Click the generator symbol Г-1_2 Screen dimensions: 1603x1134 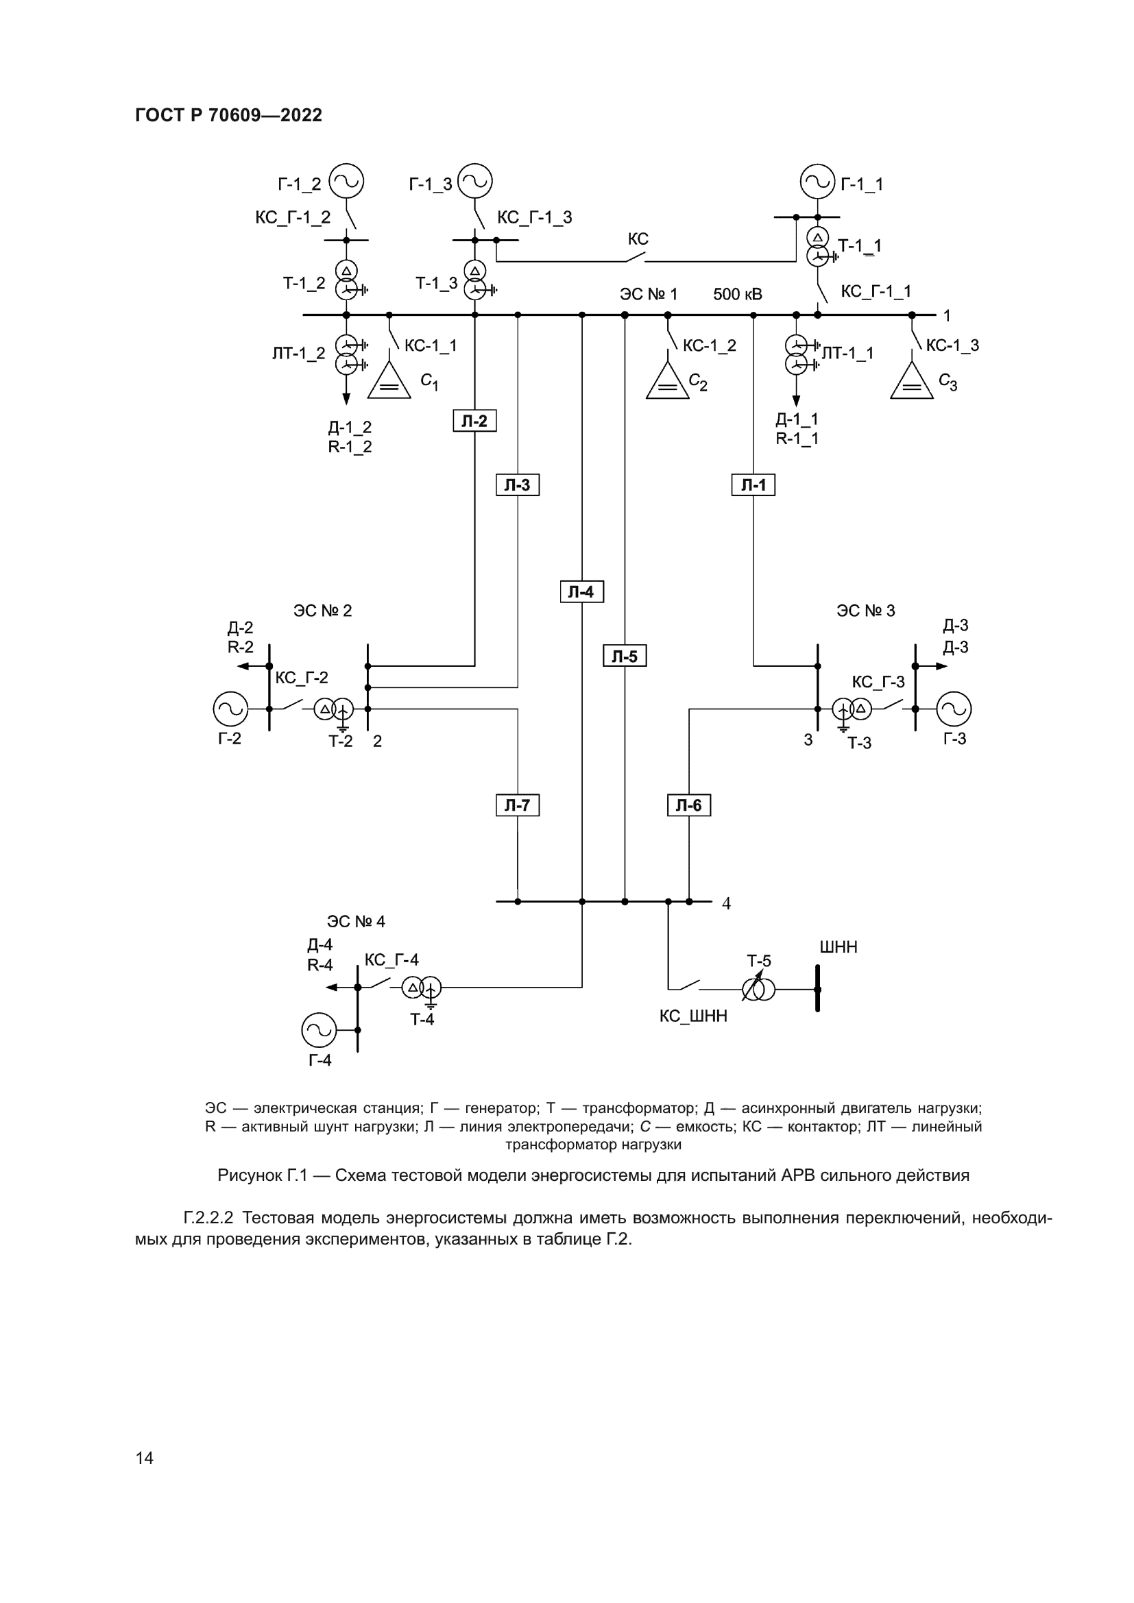point(346,182)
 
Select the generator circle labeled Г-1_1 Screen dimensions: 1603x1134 point(817,182)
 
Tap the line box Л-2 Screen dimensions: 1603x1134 point(475,421)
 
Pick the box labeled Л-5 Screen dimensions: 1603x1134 point(625,656)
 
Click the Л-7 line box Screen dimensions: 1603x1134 point(518,805)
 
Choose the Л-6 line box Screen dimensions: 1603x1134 point(688,805)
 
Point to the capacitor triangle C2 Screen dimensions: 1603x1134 point(668,382)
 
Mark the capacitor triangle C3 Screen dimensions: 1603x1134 point(911,382)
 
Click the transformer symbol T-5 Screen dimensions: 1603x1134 point(758,990)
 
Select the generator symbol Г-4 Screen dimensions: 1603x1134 point(318,1030)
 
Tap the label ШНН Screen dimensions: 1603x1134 point(838,947)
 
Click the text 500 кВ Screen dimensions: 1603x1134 point(738,295)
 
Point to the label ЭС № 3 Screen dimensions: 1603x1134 point(865,611)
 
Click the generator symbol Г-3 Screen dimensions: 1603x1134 point(954,709)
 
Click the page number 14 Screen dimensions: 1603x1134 point(145,1457)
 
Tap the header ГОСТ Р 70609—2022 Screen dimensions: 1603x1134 point(228,115)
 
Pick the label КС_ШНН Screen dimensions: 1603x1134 point(692,1016)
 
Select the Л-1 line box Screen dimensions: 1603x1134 point(753,485)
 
